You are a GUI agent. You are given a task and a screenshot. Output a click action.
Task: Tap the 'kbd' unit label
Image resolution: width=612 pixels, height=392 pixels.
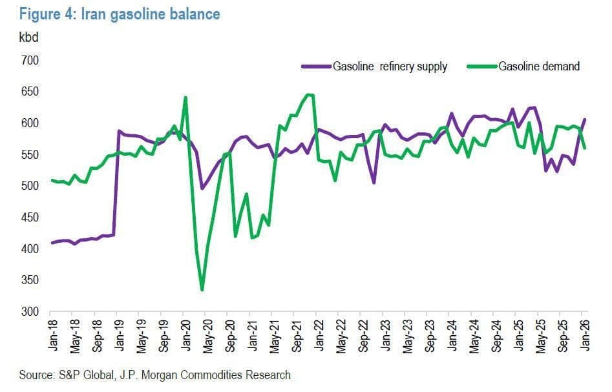(x=28, y=37)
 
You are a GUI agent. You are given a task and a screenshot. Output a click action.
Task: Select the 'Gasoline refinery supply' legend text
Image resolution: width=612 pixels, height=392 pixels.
(x=390, y=67)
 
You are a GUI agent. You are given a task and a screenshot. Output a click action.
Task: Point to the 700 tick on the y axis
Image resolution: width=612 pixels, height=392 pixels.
(x=30, y=60)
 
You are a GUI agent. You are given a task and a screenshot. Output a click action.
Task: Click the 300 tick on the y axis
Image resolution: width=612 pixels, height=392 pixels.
(x=30, y=312)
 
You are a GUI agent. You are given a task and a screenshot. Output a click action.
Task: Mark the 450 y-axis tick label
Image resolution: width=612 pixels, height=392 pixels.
(x=30, y=218)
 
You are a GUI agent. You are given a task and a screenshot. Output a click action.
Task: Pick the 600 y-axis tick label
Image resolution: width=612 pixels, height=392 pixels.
(x=30, y=123)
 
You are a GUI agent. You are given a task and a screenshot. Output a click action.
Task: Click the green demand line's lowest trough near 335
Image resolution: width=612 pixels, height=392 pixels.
(x=202, y=290)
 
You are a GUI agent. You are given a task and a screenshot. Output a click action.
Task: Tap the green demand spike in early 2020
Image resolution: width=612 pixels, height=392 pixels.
(x=185, y=98)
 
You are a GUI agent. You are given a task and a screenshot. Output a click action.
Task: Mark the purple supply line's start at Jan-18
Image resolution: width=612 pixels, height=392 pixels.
(x=52, y=243)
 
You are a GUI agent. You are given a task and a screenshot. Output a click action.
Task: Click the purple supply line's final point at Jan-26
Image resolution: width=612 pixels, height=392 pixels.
(x=585, y=119)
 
